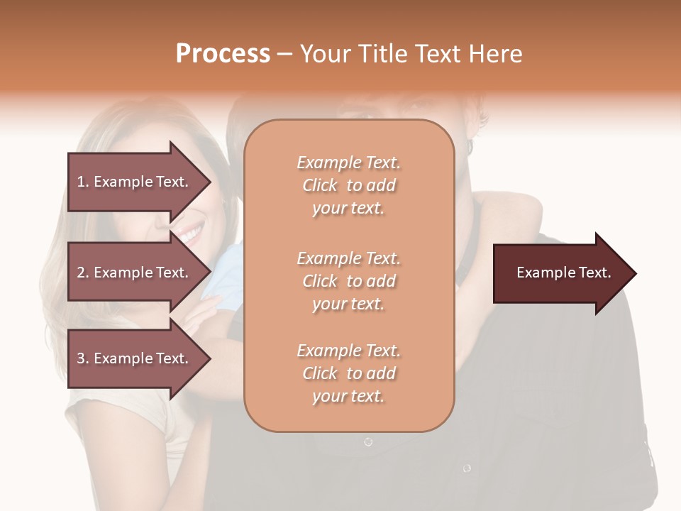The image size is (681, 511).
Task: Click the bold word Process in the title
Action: [223, 54]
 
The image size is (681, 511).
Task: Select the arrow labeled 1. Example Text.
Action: [135, 182]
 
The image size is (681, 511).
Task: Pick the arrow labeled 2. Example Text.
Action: [135, 273]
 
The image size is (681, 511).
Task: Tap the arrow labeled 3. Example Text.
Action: [135, 358]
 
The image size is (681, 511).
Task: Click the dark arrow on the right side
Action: [560, 273]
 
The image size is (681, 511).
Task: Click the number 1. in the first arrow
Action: [83, 182]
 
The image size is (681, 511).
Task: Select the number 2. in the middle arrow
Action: [83, 273]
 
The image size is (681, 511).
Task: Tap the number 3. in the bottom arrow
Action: [83, 358]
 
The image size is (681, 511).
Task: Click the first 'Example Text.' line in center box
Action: [348, 163]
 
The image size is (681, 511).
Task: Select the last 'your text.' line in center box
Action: [348, 396]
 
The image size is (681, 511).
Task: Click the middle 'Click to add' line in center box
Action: [348, 281]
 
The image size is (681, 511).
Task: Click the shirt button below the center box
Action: [368, 441]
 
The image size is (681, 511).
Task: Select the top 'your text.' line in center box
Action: [348, 209]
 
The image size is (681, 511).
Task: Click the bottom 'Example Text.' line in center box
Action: [348, 351]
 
